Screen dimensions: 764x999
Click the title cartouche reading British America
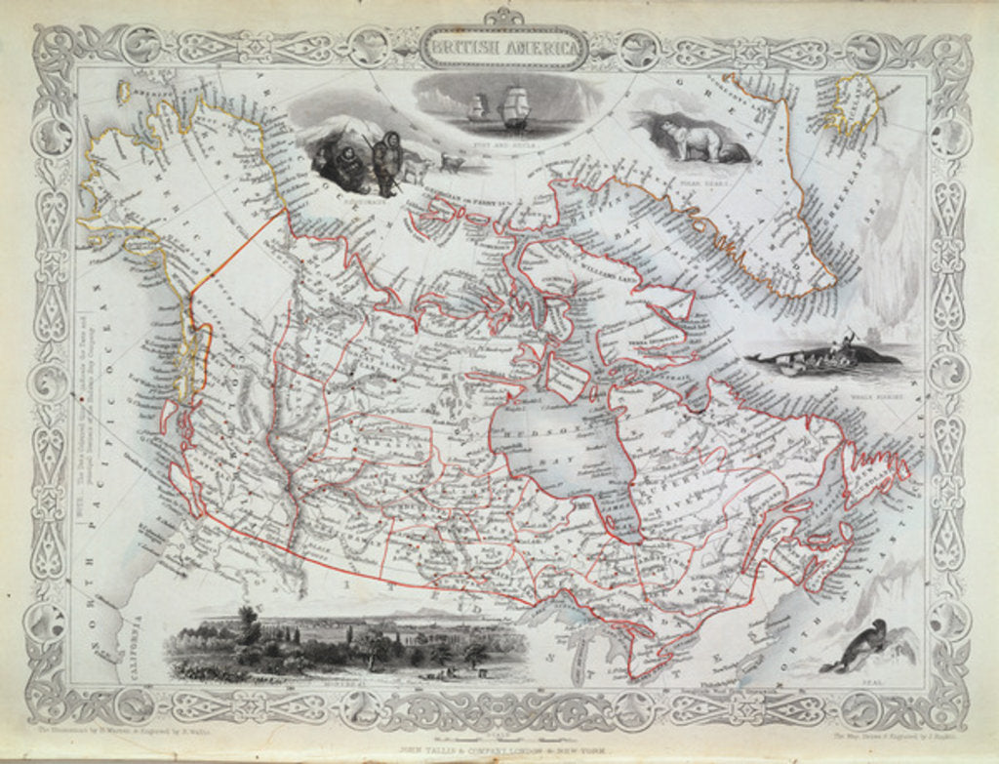tap(503, 47)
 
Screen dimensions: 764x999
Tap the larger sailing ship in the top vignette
tap(515, 107)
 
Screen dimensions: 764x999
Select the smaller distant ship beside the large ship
tap(478, 106)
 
